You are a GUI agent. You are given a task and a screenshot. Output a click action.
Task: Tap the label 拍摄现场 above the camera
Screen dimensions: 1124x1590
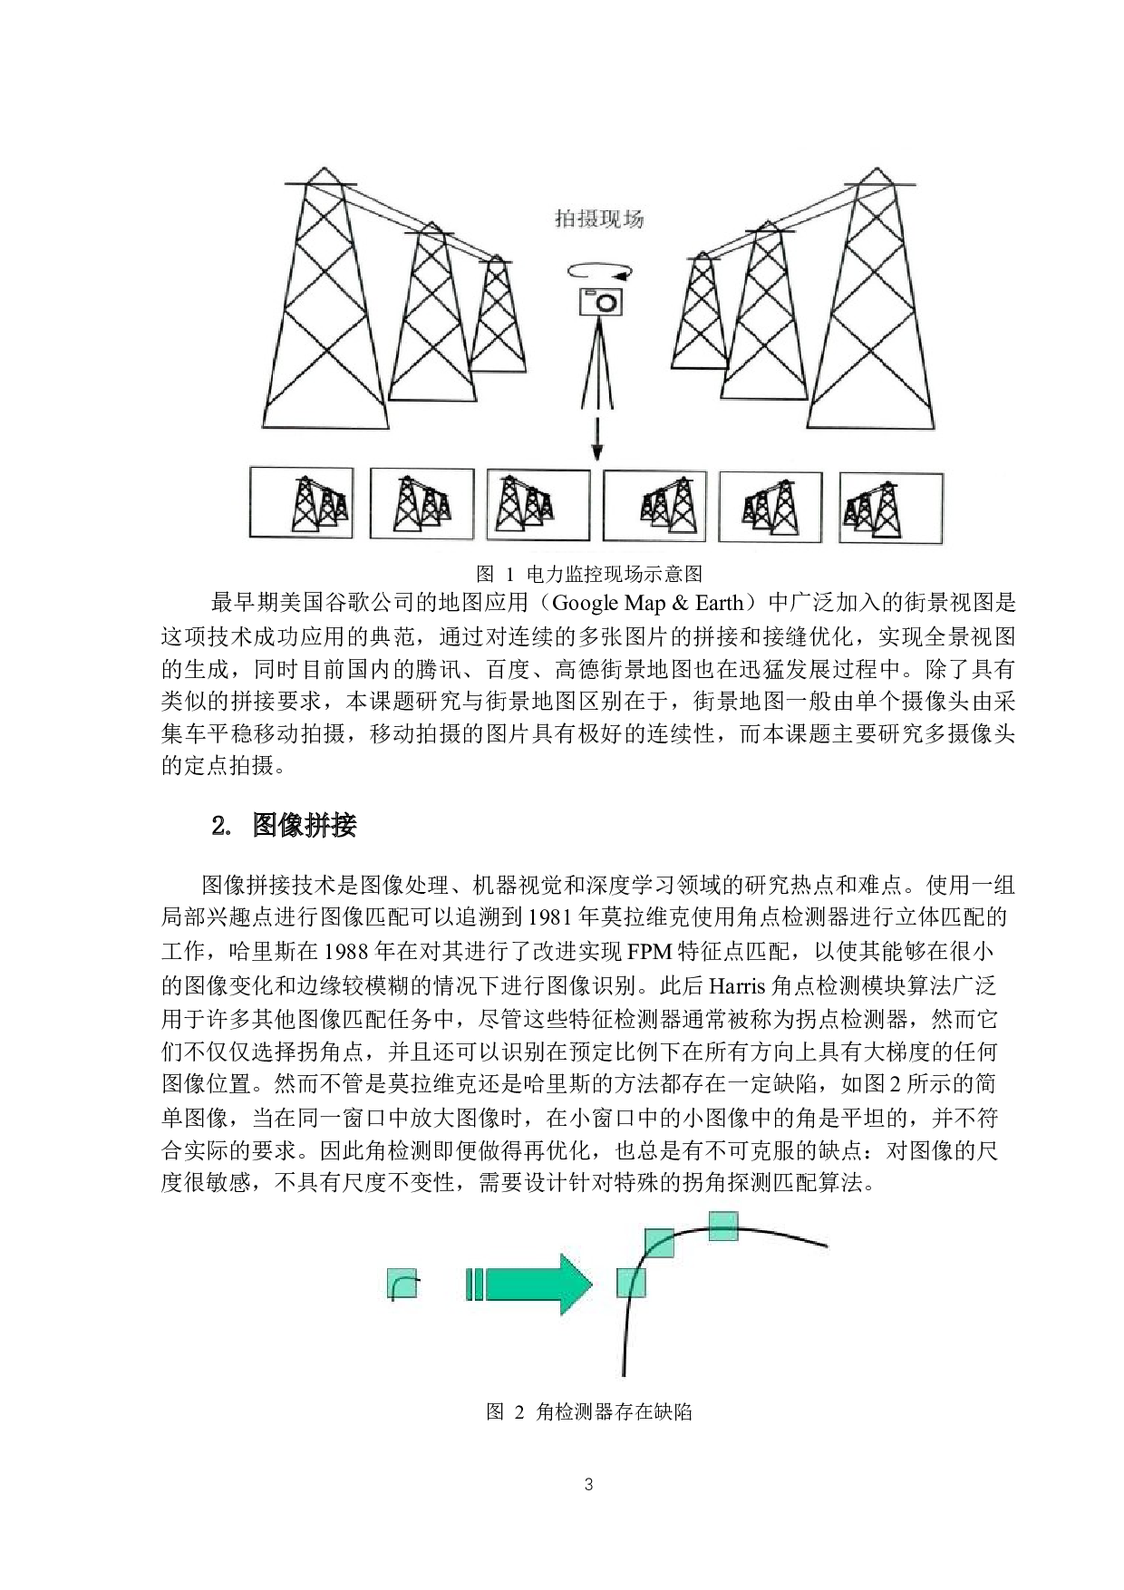point(599,219)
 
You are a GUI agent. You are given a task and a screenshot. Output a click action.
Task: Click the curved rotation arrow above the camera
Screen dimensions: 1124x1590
point(599,271)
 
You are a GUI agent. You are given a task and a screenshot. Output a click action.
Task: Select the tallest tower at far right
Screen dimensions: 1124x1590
point(870,299)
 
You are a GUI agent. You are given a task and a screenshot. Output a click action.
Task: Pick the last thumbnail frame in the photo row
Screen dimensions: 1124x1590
point(891,508)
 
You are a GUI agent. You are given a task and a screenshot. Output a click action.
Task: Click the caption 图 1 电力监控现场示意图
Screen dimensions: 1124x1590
point(589,574)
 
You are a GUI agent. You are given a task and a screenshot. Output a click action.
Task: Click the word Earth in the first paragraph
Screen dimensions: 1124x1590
point(719,603)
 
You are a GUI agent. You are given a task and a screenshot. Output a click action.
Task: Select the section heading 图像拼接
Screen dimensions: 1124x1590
point(305,825)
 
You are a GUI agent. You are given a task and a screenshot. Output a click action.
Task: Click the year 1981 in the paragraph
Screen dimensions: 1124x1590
point(549,916)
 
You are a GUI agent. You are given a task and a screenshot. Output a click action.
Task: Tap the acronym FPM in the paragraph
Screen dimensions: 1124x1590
point(646,951)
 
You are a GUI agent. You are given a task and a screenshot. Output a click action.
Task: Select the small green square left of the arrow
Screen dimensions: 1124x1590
point(403,1283)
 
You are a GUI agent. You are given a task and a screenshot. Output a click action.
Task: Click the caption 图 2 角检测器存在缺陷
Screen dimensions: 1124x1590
point(589,1411)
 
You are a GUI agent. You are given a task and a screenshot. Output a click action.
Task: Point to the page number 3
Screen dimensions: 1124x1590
point(589,1485)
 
